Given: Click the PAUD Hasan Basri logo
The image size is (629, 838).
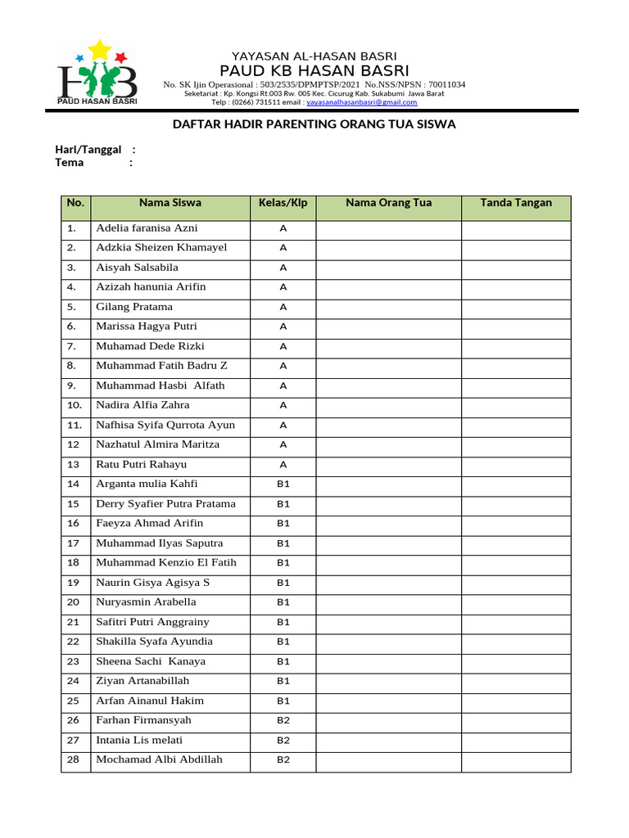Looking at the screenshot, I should tap(97, 74).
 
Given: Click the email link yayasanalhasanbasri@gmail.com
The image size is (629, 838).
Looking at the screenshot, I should tap(361, 102).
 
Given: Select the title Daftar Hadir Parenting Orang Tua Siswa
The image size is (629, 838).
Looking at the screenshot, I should tap(314, 124).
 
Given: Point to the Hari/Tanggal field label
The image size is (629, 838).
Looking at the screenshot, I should tap(88, 149).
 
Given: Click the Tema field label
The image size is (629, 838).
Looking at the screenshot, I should tap(70, 162).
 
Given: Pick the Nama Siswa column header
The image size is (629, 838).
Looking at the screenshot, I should tap(170, 203).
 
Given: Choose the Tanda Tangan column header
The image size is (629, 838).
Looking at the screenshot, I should tap(516, 203).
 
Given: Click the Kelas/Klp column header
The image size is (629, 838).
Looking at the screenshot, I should tap(283, 203).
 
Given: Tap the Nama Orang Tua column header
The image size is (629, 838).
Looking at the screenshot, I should tap(388, 203).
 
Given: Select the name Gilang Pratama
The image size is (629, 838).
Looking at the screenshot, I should tap(134, 307).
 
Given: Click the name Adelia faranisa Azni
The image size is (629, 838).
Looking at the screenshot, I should tap(147, 228).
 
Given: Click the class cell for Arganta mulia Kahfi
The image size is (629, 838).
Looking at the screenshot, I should tap(283, 484).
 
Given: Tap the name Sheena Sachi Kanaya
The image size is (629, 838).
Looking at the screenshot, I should tap(151, 661).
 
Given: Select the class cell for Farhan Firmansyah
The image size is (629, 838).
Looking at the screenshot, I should tap(283, 721).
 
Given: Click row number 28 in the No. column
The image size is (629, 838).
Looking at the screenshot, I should tap(73, 760).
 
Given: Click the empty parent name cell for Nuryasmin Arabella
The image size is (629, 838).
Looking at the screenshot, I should tap(388, 602).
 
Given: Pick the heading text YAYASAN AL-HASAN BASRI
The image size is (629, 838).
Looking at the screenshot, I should tap(314, 56).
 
